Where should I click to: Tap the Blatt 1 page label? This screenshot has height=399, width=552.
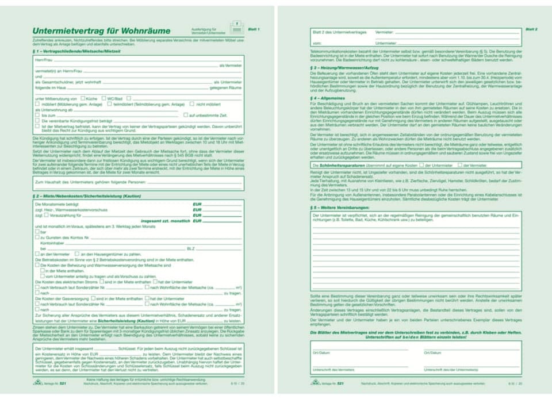[254, 29]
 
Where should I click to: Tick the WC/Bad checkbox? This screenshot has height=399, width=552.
[103, 98]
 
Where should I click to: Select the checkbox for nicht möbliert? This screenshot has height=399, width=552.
[193, 104]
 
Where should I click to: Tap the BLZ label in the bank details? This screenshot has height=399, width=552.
[191, 248]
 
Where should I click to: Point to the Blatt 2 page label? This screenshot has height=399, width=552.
[531, 29]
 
